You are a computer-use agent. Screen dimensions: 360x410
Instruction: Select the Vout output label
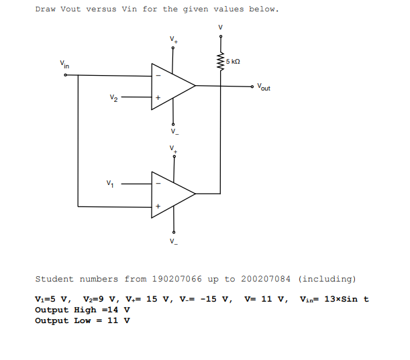[x=264, y=87]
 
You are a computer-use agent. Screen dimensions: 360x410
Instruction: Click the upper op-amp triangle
[x=171, y=86]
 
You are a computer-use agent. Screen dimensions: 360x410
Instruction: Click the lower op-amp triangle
[x=171, y=193]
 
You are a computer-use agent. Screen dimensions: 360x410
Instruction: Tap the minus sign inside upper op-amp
[x=158, y=74]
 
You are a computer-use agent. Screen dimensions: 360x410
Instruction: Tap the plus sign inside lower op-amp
[x=158, y=205]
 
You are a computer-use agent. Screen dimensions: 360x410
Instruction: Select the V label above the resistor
[x=219, y=27]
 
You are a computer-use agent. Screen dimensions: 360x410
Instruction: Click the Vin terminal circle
[x=65, y=75]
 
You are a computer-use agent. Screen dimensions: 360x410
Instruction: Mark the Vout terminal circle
[x=253, y=86]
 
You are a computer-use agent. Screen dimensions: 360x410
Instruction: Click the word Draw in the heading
[x=45, y=9]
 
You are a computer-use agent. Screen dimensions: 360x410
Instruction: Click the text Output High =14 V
[x=82, y=310]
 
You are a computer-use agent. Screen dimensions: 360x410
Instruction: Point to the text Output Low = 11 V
[x=82, y=320]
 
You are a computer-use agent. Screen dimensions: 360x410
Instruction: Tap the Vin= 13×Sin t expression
[x=334, y=299]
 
